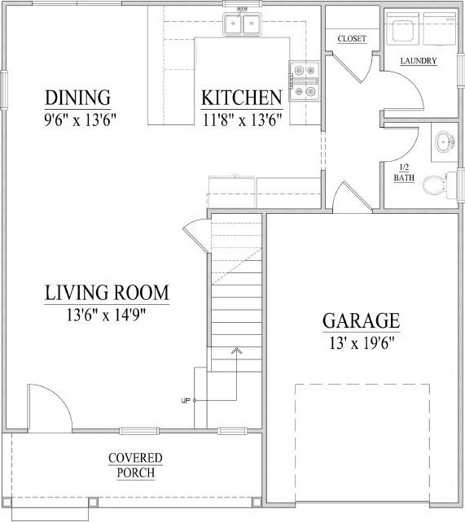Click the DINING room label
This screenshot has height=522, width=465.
(77, 98)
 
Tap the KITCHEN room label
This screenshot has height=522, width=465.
(242, 98)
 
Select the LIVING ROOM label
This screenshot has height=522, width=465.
(107, 292)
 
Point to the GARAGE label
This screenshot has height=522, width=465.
(361, 320)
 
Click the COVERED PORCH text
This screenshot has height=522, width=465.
(135, 466)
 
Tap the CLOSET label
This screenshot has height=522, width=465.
(352, 39)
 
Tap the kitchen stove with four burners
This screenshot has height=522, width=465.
(305, 82)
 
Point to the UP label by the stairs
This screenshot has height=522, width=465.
(186, 401)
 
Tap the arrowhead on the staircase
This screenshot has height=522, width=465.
(237, 350)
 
